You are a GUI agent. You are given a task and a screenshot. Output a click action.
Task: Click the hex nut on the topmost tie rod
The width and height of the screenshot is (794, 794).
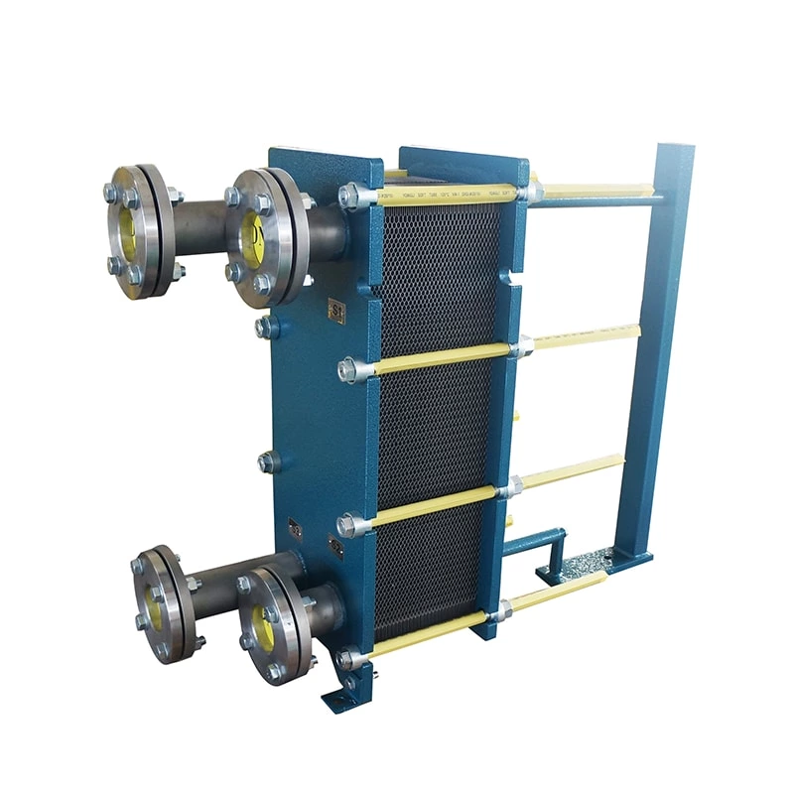[350, 197]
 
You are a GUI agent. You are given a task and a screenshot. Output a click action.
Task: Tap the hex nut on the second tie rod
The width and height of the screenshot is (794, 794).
[349, 370]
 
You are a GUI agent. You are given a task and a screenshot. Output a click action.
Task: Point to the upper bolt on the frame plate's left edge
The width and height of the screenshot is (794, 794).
[266, 328]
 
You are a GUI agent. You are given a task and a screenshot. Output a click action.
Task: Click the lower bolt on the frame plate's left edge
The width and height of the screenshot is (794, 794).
[267, 462]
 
